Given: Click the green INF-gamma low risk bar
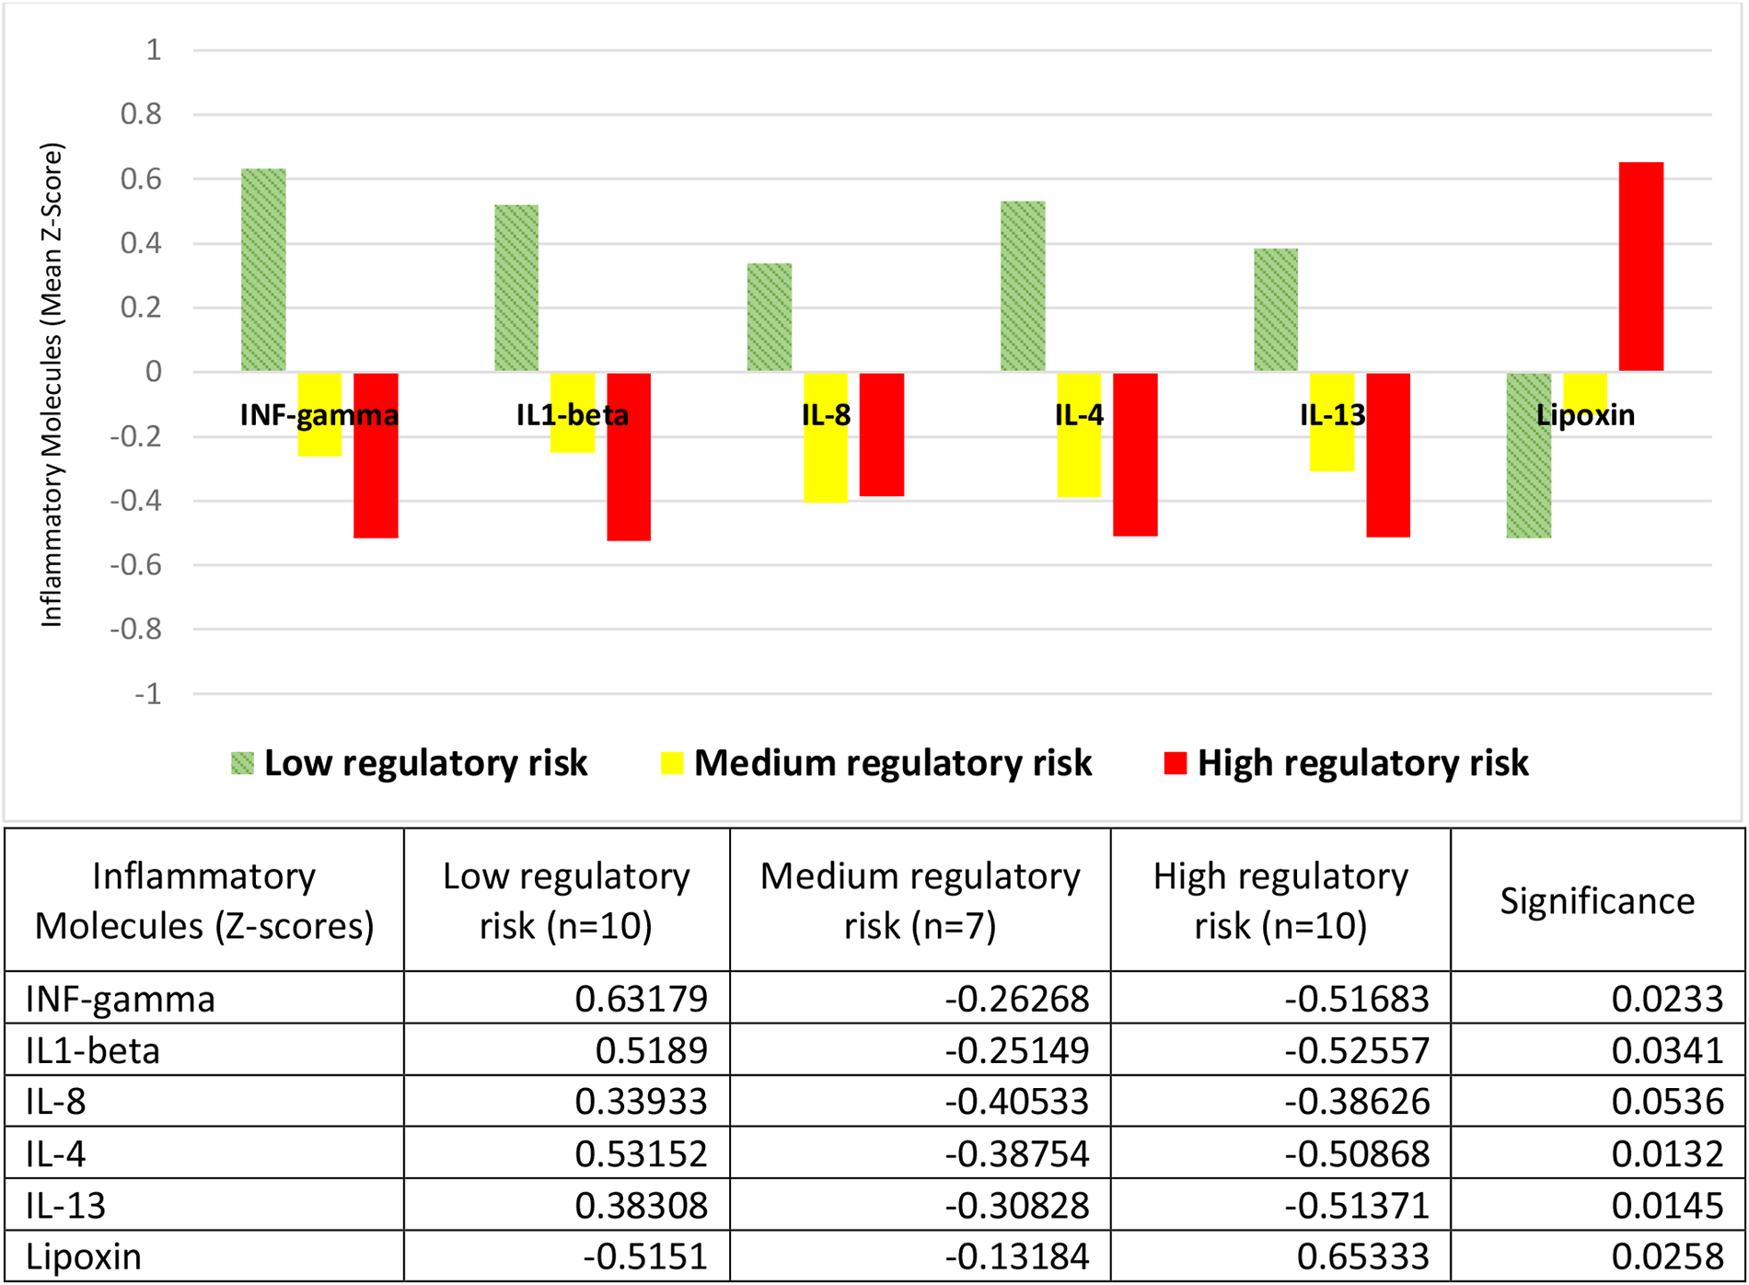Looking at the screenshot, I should click(x=263, y=270).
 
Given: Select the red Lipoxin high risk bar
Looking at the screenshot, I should click(x=1640, y=267).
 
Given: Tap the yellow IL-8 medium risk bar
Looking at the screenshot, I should click(x=826, y=460).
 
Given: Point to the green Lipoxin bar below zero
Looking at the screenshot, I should click(x=1528, y=479).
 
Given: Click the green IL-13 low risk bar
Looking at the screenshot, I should click(x=1275, y=310).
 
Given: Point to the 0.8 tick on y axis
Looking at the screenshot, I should click(x=141, y=114).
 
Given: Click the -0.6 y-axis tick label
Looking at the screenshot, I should click(x=135, y=565).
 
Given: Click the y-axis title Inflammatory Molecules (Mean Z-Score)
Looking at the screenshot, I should click(x=52, y=385).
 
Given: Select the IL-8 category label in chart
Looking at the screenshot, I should click(x=826, y=415).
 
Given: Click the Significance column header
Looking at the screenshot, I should click(x=1596, y=900).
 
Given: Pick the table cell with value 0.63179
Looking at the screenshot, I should click(x=641, y=999).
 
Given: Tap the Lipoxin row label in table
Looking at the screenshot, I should click(x=84, y=1256).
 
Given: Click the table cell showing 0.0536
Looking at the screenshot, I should click(x=1666, y=1102).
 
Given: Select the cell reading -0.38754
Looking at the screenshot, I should click(x=1016, y=1153).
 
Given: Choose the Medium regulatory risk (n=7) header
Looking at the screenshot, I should click(x=920, y=900).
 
